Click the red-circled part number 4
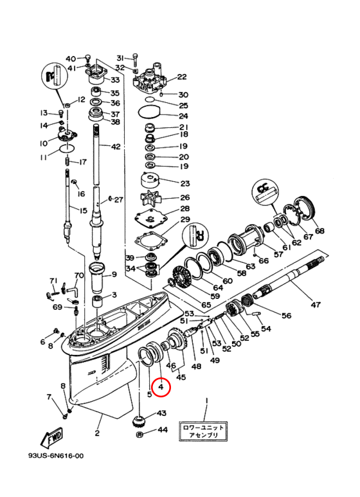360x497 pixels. click(161, 386)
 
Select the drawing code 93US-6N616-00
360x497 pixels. click(56, 456)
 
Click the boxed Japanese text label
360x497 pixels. click(203, 431)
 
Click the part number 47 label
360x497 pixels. click(315, 305)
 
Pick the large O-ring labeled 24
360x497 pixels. click(148, 112)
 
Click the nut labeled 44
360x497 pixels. click(139, 434)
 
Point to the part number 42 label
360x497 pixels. click(116, 147)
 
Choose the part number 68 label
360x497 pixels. click(319, 230)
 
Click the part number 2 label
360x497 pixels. click(97, 433)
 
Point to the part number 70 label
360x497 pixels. click(79, 275)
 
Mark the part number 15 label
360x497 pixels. click(83, 210)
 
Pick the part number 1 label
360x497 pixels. click(206, 401)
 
